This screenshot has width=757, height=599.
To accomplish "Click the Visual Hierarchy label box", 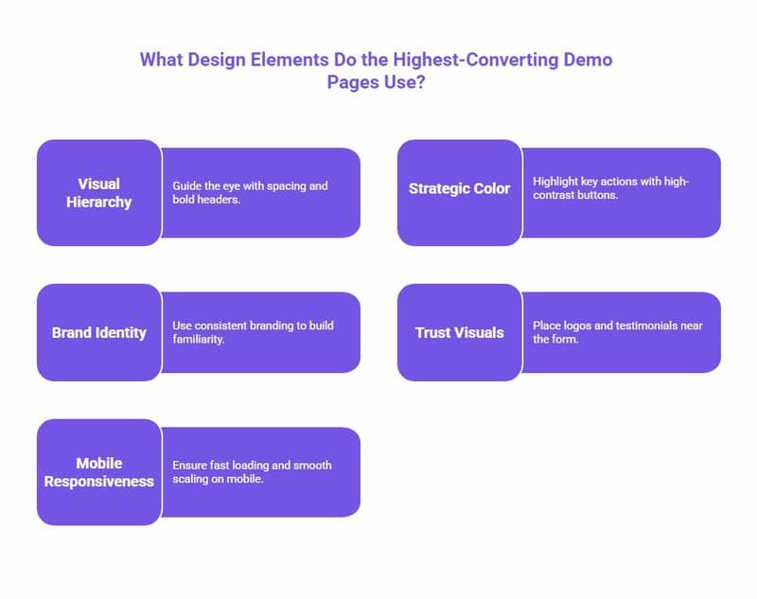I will point(99,193).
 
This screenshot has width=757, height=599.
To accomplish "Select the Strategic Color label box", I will point(459,188).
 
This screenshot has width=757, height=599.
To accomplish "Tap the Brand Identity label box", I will point(99,333).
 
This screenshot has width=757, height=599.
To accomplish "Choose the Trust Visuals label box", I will point(459,333).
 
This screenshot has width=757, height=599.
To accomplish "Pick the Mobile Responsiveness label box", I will point(99,472).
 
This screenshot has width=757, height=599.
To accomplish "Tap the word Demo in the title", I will point(589,60).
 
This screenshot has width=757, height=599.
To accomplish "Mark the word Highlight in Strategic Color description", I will point(555,180).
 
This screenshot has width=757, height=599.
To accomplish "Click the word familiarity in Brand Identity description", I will point(198,341).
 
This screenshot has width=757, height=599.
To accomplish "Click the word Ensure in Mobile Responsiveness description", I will point(189,466).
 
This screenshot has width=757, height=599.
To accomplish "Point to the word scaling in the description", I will point(194,480).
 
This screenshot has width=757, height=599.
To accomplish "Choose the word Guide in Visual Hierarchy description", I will point(187,186).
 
